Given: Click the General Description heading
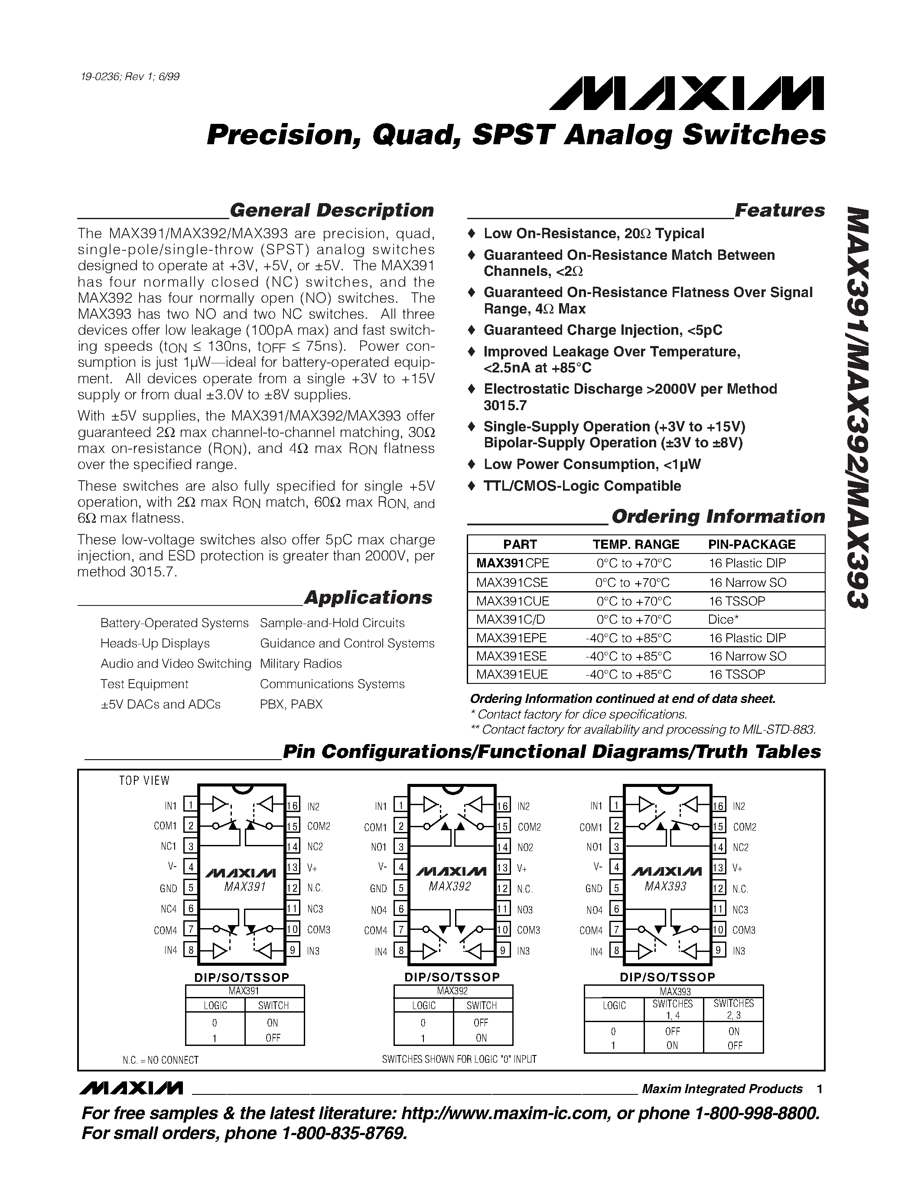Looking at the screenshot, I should (x=331, y=210).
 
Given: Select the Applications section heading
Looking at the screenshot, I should (x=368, y=598).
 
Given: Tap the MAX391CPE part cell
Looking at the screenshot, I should (x=512, y=563).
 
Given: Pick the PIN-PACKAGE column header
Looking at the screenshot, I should (x=751, y=544).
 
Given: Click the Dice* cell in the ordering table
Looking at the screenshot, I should (x=723, y=619).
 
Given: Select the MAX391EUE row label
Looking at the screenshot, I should (x=511, y=675).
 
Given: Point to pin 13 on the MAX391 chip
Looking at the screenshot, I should (x=293, y=867).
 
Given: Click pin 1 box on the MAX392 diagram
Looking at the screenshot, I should (x=400, y=806).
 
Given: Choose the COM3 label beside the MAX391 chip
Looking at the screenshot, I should (x=319, y=930).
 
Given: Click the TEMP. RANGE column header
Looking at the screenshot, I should (x=636, y=544).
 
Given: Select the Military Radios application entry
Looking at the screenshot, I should (x=301, y=663).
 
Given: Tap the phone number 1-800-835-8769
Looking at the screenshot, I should (x=344, y=1134).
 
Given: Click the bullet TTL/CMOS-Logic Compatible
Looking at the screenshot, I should (x=582, y=486).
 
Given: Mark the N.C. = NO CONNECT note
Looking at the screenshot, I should (x=160, y=1060).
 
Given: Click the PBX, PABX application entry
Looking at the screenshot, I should (x=291, y=705).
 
